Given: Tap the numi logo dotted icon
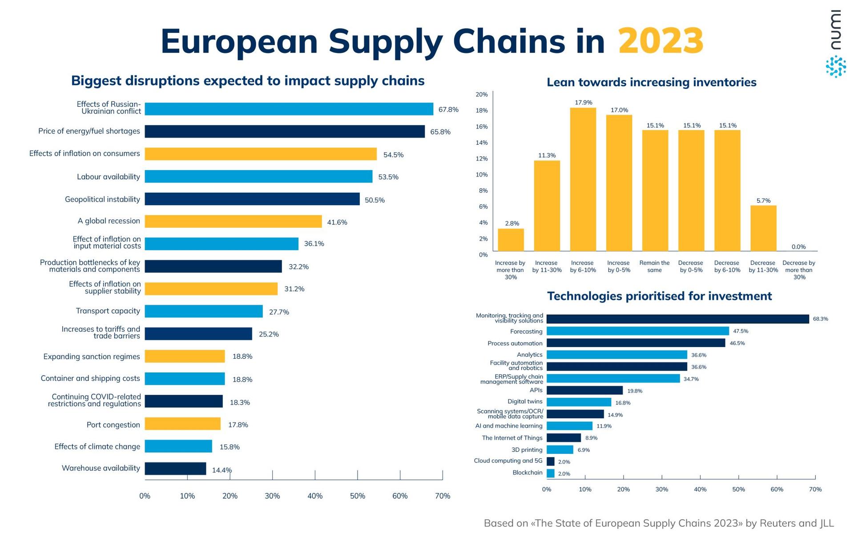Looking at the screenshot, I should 836,67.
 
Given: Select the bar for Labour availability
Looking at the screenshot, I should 258,176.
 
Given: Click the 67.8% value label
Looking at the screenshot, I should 448,109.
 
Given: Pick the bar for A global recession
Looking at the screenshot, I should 233,221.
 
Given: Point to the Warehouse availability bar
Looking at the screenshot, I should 175,469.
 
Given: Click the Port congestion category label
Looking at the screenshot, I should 113,425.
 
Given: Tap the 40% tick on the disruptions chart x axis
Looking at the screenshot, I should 315,496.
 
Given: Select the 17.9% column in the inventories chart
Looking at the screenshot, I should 583,179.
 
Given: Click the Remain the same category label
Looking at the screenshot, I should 654,266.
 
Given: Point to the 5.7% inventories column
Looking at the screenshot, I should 763,228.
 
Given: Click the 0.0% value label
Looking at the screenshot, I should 798,247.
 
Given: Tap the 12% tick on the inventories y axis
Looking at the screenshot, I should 482,159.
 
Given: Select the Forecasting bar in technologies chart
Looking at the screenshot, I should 637,331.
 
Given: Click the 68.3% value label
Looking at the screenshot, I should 820,319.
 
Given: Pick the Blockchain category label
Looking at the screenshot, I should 527,473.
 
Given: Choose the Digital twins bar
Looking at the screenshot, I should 579,402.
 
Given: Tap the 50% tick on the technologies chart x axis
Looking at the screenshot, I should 738,489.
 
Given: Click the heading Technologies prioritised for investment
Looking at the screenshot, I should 659,296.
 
